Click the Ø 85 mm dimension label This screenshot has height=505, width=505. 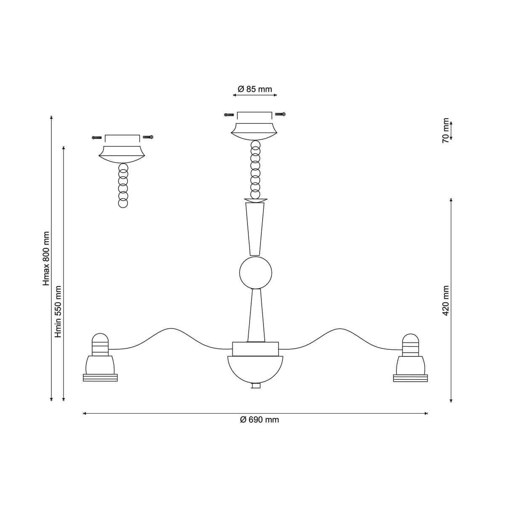(x=255, y=89)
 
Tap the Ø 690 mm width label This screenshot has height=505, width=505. (x=260, y=420)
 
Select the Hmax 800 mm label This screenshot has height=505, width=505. (x=46, y=258)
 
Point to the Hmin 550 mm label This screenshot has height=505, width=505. (x=58, y=311)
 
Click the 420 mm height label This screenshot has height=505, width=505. (x=446, y=300)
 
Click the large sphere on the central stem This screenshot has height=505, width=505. (x=255, y=273)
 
